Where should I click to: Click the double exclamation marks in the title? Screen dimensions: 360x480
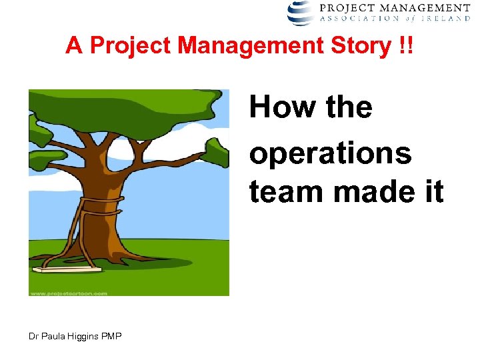point(405,46)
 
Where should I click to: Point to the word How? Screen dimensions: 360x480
point(279,107)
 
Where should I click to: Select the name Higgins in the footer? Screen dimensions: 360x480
point(83,336)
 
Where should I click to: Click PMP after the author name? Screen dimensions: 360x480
point(111,336)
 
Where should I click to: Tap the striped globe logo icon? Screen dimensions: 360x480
point(300,12)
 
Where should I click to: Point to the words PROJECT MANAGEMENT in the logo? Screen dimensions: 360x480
point(404,7)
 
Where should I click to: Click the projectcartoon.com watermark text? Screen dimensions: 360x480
point(68,293)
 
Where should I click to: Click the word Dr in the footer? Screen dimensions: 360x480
point(33,336)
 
